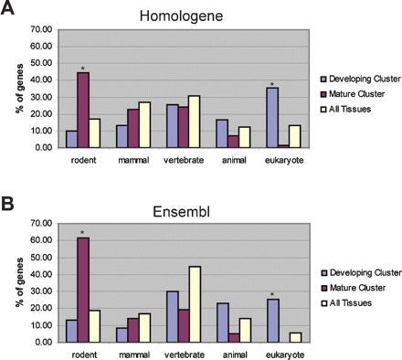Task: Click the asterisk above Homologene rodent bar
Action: (x=83, y=69)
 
